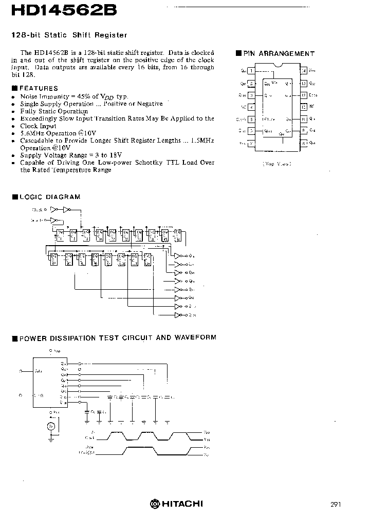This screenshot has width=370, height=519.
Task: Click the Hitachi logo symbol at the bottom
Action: coord(154,504)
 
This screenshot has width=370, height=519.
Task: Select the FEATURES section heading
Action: coord(39,88)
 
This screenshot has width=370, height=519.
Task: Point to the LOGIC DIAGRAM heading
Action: coord(50,196)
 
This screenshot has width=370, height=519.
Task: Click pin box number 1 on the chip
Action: coord(251,71)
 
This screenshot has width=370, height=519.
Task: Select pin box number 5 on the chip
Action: coord(251,119)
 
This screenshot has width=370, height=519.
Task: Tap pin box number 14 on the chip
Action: coord(304,71)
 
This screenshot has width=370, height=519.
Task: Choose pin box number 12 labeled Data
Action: coord(304,95)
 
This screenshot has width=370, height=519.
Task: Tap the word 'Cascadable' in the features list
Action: coord(37,140)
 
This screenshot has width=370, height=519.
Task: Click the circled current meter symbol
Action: coord(51,426)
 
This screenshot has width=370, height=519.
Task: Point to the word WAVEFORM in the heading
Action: coord(195,337)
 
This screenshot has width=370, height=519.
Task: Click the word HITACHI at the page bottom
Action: coord(182,504)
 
